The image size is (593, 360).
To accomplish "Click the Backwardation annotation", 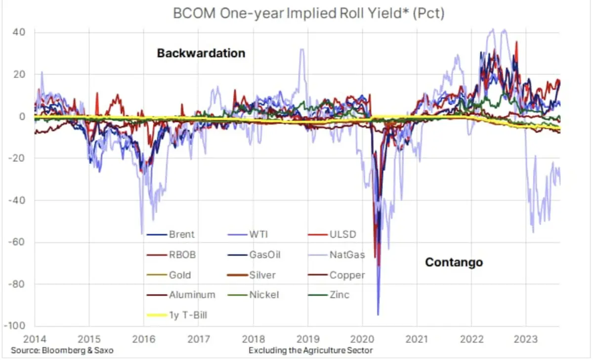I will [201, 53].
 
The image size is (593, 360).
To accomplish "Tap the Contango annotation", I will [454, 262].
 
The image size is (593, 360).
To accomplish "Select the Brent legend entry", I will [181, 235].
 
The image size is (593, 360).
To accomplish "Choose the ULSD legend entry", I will [342, 235].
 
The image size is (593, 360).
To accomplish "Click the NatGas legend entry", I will [347, 255].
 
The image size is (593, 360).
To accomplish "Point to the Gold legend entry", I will [179, 275].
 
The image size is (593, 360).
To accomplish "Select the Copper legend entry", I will [347, 275].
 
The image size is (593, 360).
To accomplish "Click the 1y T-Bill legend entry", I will [188, 315].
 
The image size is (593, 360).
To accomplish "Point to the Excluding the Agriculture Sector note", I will [310, 350].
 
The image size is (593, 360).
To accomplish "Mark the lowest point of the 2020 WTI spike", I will [378, 315].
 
